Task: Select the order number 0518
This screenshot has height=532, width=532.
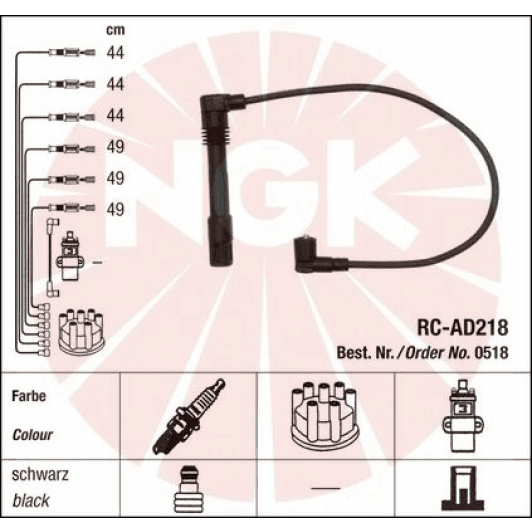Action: (492, 351)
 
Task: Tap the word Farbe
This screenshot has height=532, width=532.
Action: (30, 396)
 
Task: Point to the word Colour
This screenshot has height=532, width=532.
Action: (33, 436)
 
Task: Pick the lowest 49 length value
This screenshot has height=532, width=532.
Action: (115, 208)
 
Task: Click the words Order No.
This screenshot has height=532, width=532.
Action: (438, 351)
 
